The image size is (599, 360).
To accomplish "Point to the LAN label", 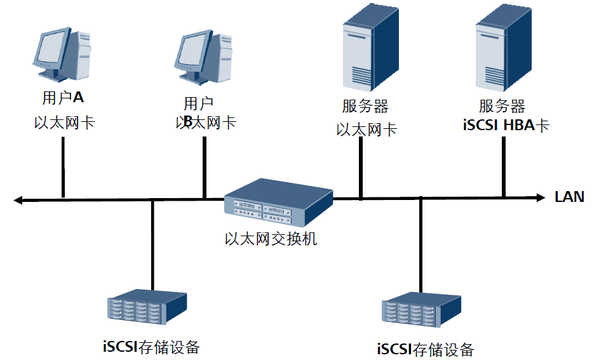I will point(569,197).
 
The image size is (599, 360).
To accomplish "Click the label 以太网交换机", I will point(271,239).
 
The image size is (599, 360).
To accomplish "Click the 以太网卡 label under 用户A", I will point(64,122).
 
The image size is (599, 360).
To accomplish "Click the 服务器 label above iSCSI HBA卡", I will point(502,105).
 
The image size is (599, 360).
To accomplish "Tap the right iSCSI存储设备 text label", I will point(426,349).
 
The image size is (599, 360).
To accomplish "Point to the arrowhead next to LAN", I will point(541,197).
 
